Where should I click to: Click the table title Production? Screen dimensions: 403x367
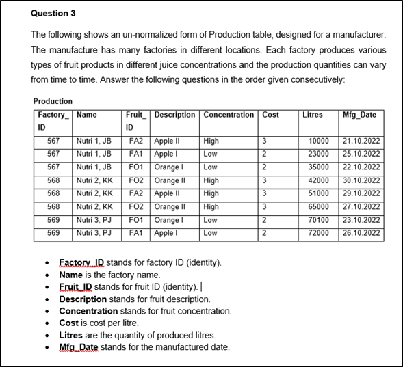[53, 101]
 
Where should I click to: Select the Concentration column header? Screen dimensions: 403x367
[229, 115]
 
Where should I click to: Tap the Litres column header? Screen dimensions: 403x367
[312, 115]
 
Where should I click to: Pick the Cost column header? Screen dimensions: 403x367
[270, 115]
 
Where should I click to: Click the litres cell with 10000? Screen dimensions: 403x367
[319, 141]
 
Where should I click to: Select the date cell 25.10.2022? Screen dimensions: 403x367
[361, 154]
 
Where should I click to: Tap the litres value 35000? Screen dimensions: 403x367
[319, 167]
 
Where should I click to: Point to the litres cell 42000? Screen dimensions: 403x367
[319, 180]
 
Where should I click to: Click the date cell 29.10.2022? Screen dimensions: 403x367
[361, 193]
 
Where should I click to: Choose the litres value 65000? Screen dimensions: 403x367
[319, 206]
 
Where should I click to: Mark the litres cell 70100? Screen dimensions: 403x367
[319, 219]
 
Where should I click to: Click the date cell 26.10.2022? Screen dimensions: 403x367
[361, 232]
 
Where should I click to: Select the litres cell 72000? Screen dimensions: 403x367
[319, 232]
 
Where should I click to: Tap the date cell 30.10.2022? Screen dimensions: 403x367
[361, 180]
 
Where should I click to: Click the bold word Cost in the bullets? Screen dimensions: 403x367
[68, 323]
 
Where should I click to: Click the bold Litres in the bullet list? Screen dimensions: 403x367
[71, 336]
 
